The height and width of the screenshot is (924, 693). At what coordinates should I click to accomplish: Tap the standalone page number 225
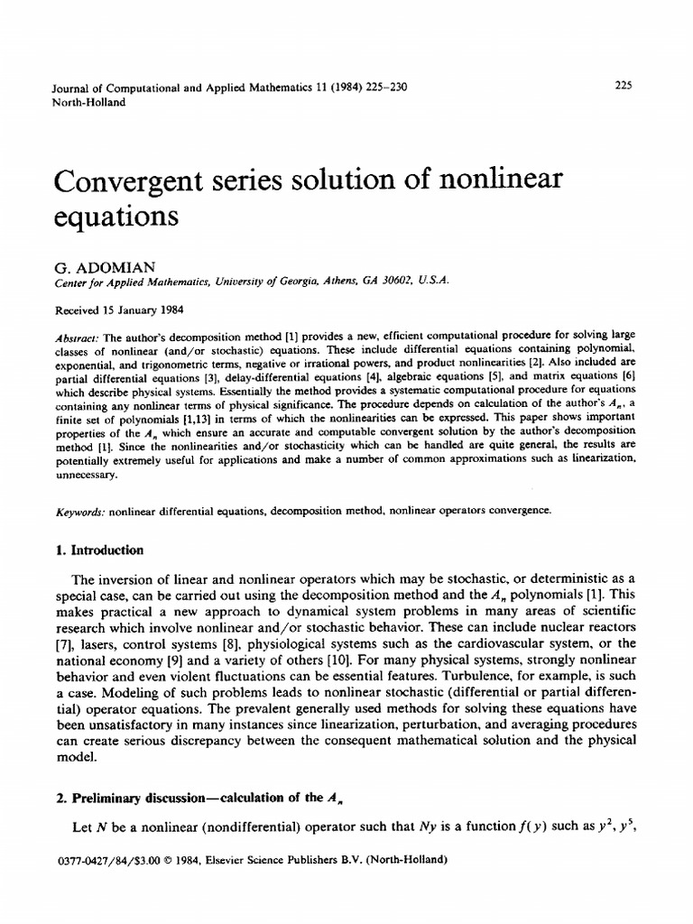(623, 87)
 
